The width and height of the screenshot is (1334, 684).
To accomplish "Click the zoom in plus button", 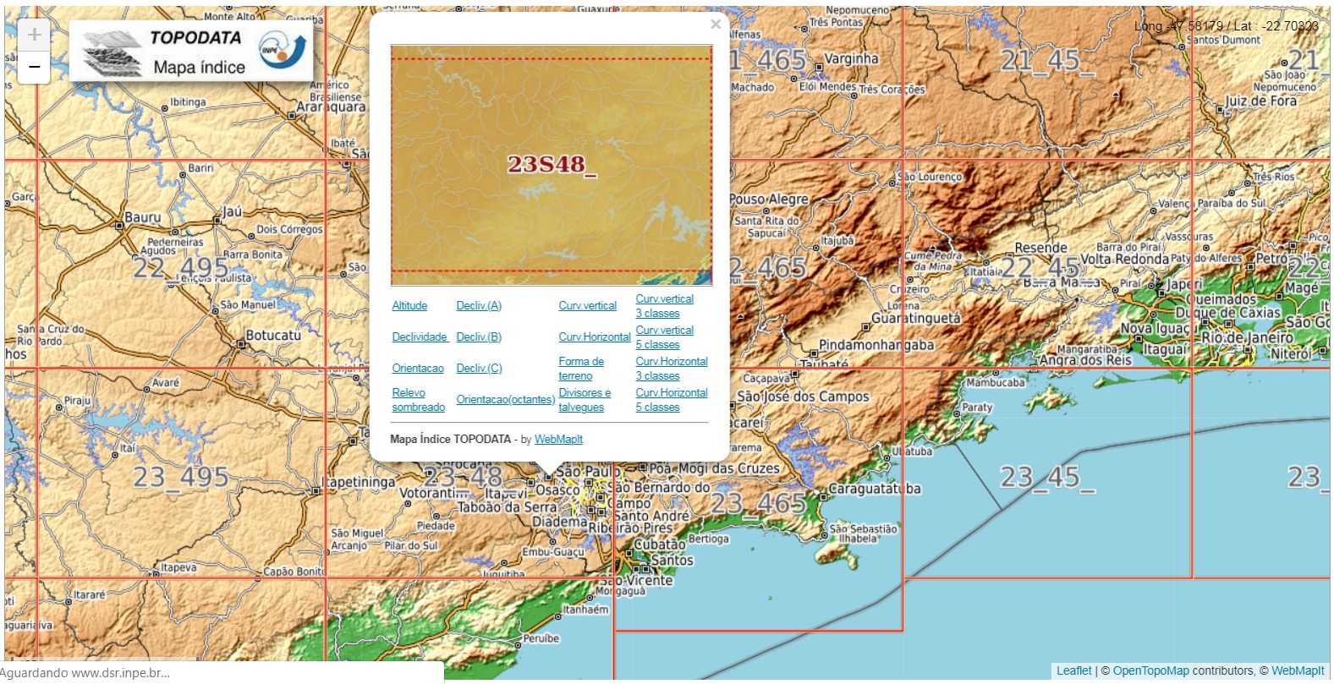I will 34,35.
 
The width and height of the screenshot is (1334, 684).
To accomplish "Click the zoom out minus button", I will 34,67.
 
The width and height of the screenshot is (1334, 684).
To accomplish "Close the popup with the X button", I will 716,25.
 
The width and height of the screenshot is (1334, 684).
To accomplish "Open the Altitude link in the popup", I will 409,306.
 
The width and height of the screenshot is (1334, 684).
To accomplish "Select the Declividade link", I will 420,337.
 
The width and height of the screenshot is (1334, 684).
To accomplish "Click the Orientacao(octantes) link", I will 505,400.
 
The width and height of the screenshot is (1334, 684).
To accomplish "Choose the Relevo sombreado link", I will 418,400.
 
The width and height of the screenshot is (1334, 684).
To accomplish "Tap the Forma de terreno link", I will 580,369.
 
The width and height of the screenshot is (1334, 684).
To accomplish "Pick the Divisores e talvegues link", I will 584,400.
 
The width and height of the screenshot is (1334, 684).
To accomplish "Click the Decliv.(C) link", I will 479,369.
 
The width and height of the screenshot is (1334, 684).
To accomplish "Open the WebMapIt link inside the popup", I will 558,440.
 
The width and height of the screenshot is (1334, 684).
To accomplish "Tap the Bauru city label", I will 142,217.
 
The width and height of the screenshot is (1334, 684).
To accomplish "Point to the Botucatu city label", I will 273,336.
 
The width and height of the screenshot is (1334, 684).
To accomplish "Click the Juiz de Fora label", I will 1260,101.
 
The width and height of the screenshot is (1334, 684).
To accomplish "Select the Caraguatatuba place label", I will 874,489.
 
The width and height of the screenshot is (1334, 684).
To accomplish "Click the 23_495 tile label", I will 180,477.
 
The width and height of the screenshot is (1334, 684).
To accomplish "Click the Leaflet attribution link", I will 1073,671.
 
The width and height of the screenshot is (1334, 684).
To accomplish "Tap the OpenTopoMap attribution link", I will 1150,671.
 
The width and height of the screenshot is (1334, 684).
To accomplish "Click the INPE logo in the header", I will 283,51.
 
